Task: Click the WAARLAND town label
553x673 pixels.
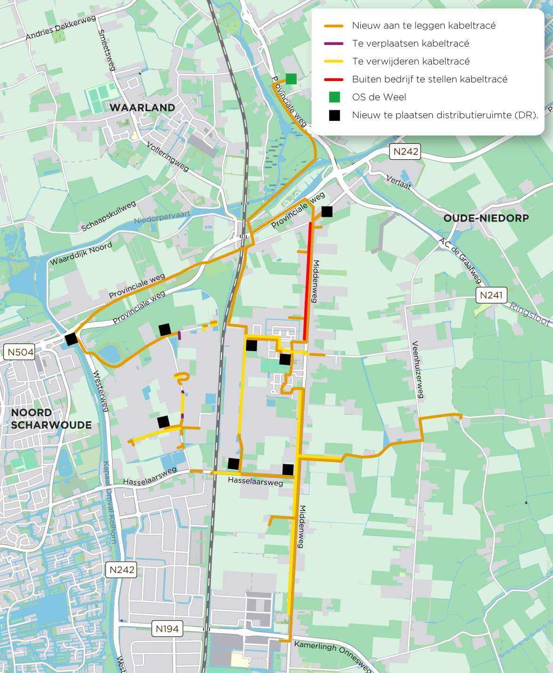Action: click(142, 107)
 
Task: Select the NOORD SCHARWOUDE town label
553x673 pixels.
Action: click(51, 419)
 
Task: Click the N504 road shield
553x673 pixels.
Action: click(21, 352)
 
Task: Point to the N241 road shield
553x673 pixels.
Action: click(491, 295)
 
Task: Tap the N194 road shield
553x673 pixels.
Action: click(167, 628)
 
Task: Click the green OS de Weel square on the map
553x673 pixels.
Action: click(291, 79)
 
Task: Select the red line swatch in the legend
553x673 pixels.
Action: click(334, 79)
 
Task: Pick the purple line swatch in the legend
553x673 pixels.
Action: click(334, 43)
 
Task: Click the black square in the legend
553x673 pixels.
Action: click(334, 115)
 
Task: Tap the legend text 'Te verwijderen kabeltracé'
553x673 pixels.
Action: click(410, 61)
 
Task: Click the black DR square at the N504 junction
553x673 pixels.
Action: click(71, 339)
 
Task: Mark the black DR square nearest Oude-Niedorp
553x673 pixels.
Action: click(326, 211)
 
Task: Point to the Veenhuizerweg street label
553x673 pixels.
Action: click(418, 369)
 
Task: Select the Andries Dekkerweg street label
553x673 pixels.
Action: click(61, 28)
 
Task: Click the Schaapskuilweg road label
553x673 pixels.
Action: click(108, 216)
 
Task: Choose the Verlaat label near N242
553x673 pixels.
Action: click(398, 182)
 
